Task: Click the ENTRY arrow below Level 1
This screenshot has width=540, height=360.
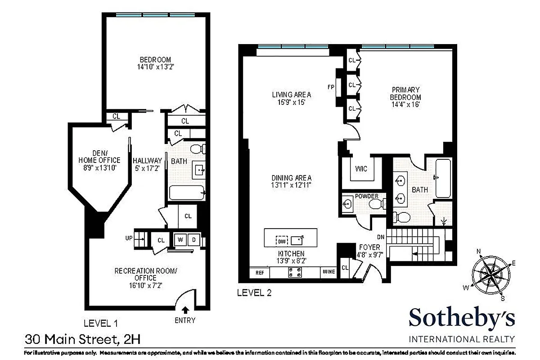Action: pyautogui.click(x=185, y=309)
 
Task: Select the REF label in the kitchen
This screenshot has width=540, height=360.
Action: pyautogui.click(x=260, y=272)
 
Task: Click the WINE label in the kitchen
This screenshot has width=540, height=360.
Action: pyautogui.click(x=328, y=272)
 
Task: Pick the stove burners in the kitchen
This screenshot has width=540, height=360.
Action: pyautogui.click(x=295, y=272)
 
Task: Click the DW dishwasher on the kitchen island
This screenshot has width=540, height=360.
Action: pyautogui.click(x=281, y=241)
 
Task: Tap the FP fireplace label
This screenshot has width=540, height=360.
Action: pyautogui.click(x=331, y=87)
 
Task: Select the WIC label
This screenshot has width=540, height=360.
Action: pyautogui.click(x=361, y=169)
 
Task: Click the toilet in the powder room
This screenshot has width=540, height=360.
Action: pyautogui.click(x=375, y=205)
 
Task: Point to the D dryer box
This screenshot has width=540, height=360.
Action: pyautogui.click(x=194, y=240)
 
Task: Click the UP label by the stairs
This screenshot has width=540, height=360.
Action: pyautogui.click(x=129, y=238)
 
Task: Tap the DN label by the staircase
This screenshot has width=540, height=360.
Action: pyautogui.click(x=381, y=237)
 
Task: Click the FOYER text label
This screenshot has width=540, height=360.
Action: pyautogui.click(x=369, y=247)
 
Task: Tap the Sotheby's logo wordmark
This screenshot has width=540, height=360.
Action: pyautogui.click(x=462, y=319)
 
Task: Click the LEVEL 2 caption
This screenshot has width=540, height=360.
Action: pyautogui.click(x=254, y=292)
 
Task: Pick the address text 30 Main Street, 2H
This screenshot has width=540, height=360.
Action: pyautogui.click(x=79, y=337)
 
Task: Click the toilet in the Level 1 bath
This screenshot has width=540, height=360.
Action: pyautogui.click(x=197, y=149)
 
